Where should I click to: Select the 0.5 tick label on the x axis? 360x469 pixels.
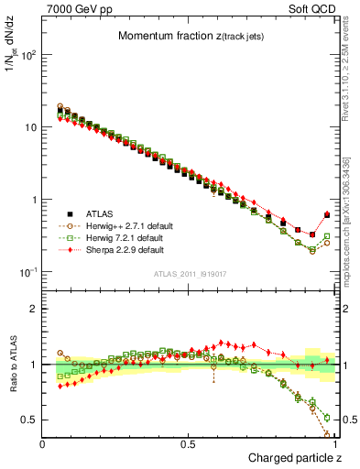188,442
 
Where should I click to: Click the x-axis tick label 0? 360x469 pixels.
43,442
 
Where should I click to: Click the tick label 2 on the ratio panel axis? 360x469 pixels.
33,309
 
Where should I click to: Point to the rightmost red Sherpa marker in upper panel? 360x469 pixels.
327,214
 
